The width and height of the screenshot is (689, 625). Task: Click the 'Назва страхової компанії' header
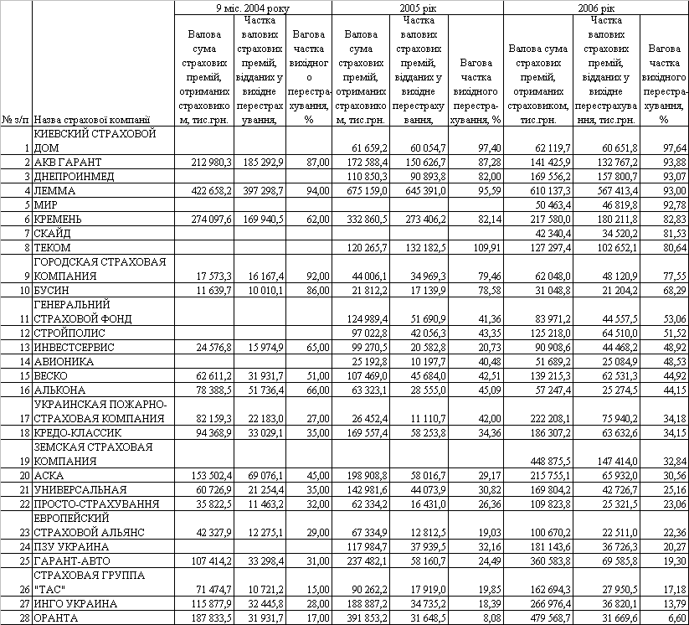[92, 119]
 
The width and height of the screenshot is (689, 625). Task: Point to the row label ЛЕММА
[55, 190]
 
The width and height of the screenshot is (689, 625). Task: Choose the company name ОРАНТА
[58, 617]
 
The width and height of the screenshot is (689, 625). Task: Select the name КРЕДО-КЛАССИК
[78, 432]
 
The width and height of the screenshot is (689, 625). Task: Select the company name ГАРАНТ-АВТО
[71, 560]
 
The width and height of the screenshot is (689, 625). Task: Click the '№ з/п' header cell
[16, 119]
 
